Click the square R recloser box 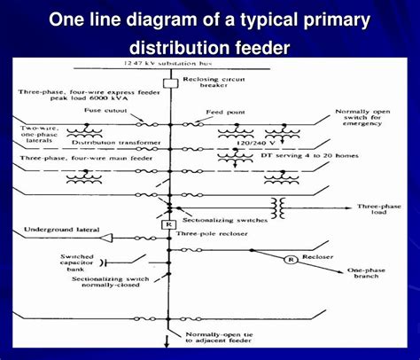[167, 224]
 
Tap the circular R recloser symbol [286, 260]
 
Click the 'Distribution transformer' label [112, 142]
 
